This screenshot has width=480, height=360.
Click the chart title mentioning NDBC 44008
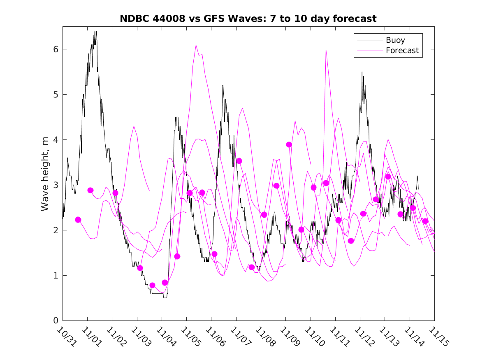[x=248, y=19]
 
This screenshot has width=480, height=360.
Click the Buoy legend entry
[x=395, y=40]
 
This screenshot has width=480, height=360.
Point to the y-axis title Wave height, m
[x=45, y=174]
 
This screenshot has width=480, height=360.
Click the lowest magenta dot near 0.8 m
[x=152, y=285]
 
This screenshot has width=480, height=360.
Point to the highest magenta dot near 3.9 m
[x=289, y=144]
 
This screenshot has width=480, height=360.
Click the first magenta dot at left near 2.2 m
[x=78, y=220]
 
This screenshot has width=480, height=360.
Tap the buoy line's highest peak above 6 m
[x=95, y=31]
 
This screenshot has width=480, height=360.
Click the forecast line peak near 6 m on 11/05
[x=196, y=45]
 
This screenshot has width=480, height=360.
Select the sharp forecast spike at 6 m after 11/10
[x=326, y=49]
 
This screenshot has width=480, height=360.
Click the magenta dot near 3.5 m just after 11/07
[x=239, y=161]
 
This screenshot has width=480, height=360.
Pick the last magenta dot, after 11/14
[x=425, y=221]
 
